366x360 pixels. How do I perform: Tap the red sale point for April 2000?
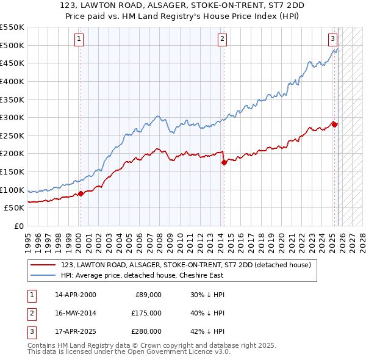point(81,193)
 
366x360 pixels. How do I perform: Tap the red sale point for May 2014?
point(224,162)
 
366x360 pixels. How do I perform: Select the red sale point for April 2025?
point(334,124)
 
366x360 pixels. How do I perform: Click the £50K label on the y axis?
point(14,208)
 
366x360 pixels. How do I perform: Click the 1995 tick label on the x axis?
point(28,238)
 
